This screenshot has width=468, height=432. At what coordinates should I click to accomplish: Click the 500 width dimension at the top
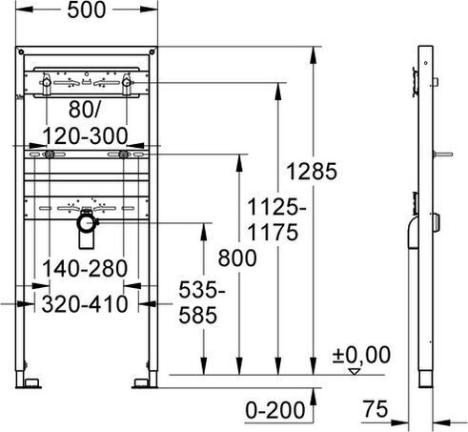click(x=87, y=10)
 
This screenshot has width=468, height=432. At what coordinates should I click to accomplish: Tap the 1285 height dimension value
click(x=312, y=172)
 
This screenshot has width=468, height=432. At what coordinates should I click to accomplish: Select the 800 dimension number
click(x=237, y=257)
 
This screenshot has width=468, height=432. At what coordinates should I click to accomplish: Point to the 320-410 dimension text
click(x=85, y=304)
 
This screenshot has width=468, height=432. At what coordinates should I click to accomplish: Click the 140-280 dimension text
click(x=85, y=268)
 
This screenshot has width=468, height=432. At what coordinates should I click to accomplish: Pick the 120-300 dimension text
click(x=85, y=136)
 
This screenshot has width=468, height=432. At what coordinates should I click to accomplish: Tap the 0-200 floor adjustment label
click(x=275, y=410)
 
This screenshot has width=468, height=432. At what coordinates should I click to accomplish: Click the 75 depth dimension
click(x=376, y=409)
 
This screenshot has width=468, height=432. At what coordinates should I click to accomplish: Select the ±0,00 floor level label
click(x=361, y=355)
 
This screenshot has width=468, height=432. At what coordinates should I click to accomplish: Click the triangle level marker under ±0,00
click(x=355, y=371)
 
